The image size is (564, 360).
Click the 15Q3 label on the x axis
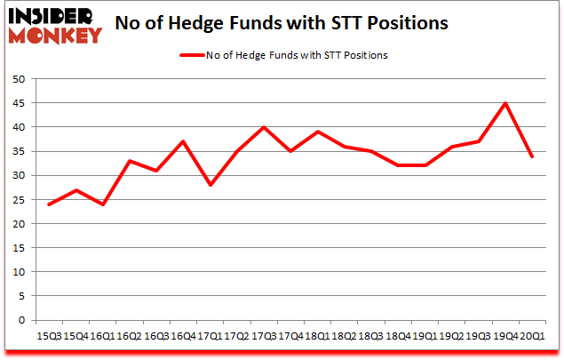[x=48, y=335]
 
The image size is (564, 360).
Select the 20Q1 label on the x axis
[x=532, y=335]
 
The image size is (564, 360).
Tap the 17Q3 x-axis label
[x=263, y=335]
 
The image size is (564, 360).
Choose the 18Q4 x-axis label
[x=397, y=335]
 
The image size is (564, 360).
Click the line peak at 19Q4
[x=504, y=103]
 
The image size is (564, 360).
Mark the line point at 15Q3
[x=48, y=204]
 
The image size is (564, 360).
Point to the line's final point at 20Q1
[x=531, y=156]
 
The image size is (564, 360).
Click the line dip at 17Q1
[x=210, y=185]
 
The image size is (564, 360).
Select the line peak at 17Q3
[x=263, y=127]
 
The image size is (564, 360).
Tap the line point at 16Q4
[x=182, y=141]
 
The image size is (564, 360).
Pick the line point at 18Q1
[x=317, y=132]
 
